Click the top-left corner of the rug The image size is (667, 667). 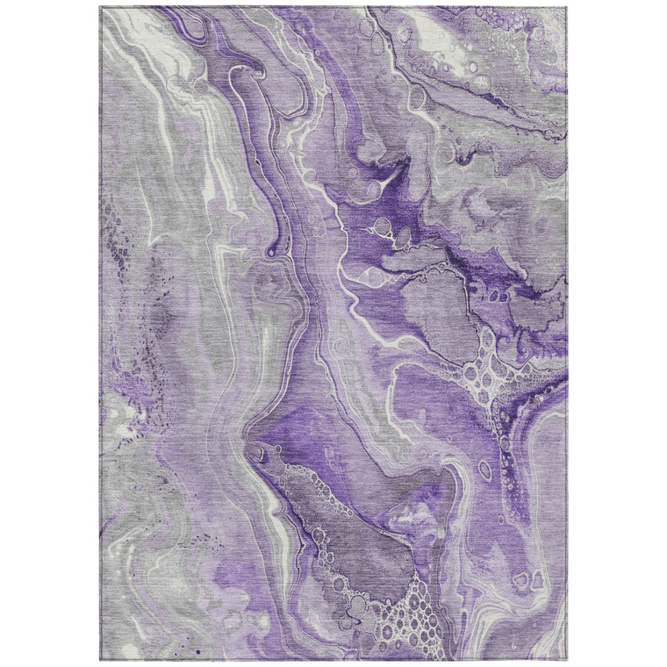tap(100, 8)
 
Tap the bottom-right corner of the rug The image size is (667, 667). tap(567, 660)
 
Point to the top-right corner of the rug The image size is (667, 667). tap(567, 8)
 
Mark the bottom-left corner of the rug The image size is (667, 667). tap(100, 660)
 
